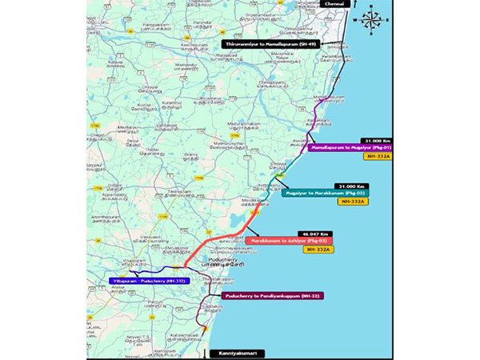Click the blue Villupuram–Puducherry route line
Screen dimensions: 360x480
(160, 270)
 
